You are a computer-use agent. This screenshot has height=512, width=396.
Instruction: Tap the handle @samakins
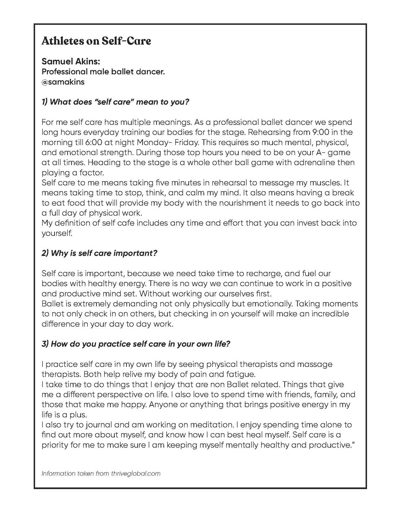tap(63, 82)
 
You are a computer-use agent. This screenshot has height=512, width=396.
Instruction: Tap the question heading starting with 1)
tap(115, 102)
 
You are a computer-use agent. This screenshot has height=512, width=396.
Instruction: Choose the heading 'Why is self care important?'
tap(99, 253)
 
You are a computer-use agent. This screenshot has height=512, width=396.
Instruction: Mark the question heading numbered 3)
tap(136, 344)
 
